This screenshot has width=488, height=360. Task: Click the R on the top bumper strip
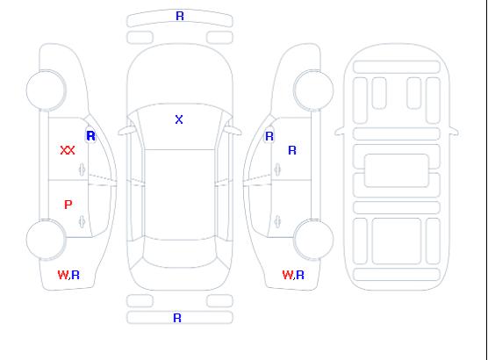180,16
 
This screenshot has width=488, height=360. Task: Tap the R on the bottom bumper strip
177,318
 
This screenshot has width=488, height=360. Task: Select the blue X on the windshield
179,119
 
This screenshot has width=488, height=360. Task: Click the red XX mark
68,150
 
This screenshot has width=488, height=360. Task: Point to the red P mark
68,205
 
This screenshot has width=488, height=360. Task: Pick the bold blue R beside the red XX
91,136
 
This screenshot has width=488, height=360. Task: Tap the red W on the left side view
62,275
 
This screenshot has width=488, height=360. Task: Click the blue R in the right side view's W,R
300,275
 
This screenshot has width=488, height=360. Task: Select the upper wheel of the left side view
46,90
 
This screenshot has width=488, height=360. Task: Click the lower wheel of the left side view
46,240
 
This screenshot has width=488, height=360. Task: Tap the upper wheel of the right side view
313,90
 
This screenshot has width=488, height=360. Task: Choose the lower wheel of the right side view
313,240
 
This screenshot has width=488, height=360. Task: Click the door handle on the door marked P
82,221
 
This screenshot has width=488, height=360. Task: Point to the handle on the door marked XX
82,169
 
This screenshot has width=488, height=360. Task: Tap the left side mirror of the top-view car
126,131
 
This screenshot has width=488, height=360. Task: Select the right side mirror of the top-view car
233,131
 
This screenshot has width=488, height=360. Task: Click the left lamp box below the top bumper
140,38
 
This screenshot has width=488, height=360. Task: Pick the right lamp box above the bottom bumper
219,301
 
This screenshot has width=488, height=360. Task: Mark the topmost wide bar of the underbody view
397,67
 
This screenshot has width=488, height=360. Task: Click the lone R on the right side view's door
292,150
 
